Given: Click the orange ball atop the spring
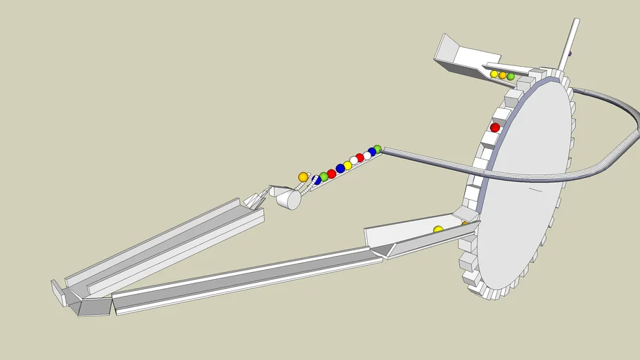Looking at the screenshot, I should [x=303, y=177].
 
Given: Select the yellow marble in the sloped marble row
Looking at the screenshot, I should [x=347, y=165].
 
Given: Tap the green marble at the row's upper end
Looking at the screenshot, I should [x=378, y=149].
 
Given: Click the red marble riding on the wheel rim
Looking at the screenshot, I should [x=495, y=127].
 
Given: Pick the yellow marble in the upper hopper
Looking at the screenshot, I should [x=494, y=74].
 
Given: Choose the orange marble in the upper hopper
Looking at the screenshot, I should [x=502, y=75].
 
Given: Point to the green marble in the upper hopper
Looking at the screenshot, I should [x=511, y=76].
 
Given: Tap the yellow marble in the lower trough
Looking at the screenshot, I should [x=438, y=230].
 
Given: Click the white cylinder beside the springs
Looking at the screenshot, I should [x=289, y=200].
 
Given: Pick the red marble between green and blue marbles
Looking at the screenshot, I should [x=331, y=174].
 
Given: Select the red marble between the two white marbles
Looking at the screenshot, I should [x=359, y=158].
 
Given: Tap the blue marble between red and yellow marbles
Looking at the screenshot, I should [x=340, y=169].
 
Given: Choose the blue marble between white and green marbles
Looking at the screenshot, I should [x=371, y=152].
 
